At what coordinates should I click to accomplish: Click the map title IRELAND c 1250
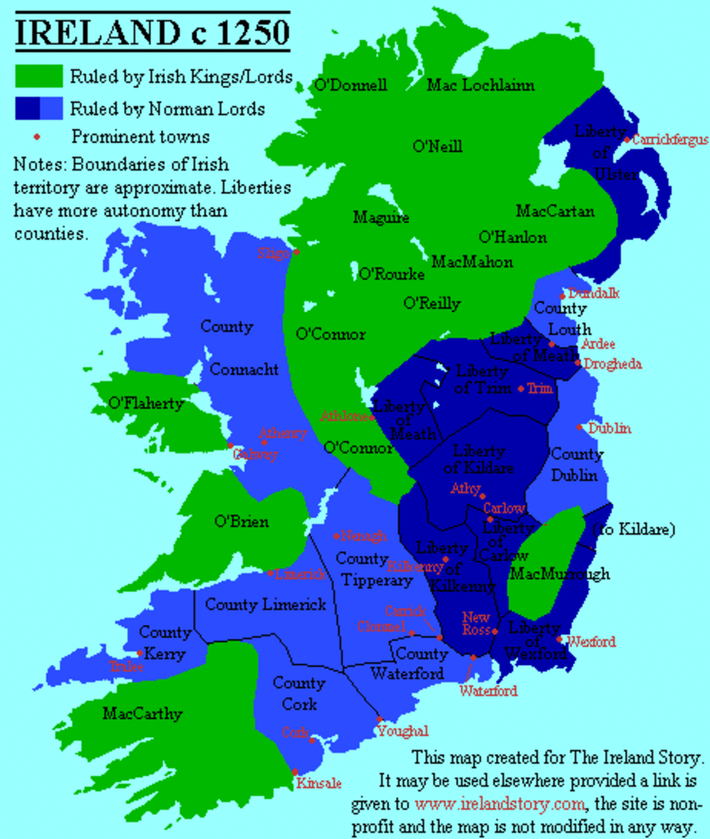pos(152,33)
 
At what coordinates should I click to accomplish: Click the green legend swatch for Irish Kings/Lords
pos(39,76)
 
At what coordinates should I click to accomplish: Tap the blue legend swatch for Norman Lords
pos(39,109)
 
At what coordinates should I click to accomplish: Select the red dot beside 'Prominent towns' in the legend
pos(37,137)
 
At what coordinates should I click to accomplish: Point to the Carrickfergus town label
pos(670,140)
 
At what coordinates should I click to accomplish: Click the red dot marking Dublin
pos(580,427)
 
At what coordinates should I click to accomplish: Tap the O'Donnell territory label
pos(350,85)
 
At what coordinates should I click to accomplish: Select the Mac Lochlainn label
pos(481,85)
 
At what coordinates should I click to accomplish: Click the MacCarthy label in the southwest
pos(142,714)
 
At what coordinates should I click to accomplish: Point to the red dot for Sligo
pos(297,252)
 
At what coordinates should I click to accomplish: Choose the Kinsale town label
pos(319,783)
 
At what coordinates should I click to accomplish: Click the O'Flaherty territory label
pos(145,403)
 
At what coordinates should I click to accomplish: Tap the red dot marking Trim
pos(521,388)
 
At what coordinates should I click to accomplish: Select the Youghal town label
pos(403,731)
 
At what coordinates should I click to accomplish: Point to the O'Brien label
pos(241,522)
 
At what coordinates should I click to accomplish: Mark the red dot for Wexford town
pos(560,639)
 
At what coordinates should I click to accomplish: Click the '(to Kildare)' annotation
pos(634,530)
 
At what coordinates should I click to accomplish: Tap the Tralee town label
pos(127,666)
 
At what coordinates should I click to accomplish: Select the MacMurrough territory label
pos(560,574)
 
